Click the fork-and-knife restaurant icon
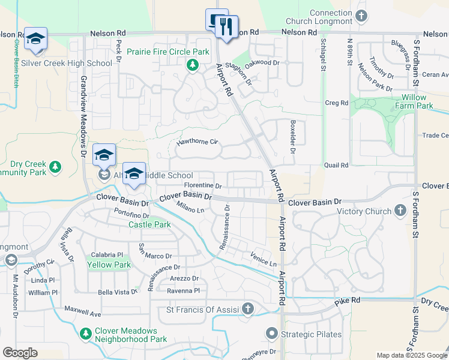pos(226,27)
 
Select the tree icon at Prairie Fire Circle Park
pos(192,65)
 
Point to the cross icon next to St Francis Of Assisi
pos(249,309)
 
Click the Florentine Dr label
pos(203,186)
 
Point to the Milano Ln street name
pos(190,207)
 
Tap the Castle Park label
pos(150,225)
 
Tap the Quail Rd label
pos(336,165)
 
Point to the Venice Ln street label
pos(264,259)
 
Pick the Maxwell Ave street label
pos(83,313)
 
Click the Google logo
pos(20,353)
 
